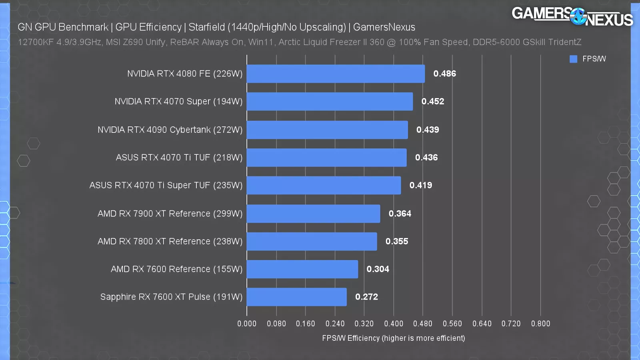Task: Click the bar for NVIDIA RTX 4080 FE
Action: click(x=336, y=74)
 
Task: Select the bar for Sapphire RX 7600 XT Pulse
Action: click(x=296, y=297)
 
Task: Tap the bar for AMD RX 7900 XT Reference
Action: click(x=313, y=214)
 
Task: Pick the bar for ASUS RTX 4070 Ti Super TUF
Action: click(x=324, y=185)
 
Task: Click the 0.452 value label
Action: click(x=433, y=102)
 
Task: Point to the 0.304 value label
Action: click(x=378, y=269)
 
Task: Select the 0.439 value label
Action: click(x=428, y=130)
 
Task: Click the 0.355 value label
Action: click(x=397, y=241)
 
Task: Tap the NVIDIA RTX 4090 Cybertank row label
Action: click(x=170, y=130)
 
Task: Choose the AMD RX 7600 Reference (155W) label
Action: click(x=176, y=269)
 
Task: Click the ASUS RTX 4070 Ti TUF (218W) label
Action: click(x=179, y=158)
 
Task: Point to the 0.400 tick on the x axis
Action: click(x=394, y=324)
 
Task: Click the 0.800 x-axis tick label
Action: click(x=540, y=324)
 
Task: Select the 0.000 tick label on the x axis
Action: click(x=247, y=324)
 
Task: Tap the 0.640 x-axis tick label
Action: click(x=482, y=324)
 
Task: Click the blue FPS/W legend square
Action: click(x=573, y=59)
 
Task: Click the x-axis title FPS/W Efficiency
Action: click(x=394, y=338)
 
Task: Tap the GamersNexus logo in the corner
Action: click(x=572, y=16)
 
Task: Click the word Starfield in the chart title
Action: click(x=207, y=27)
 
